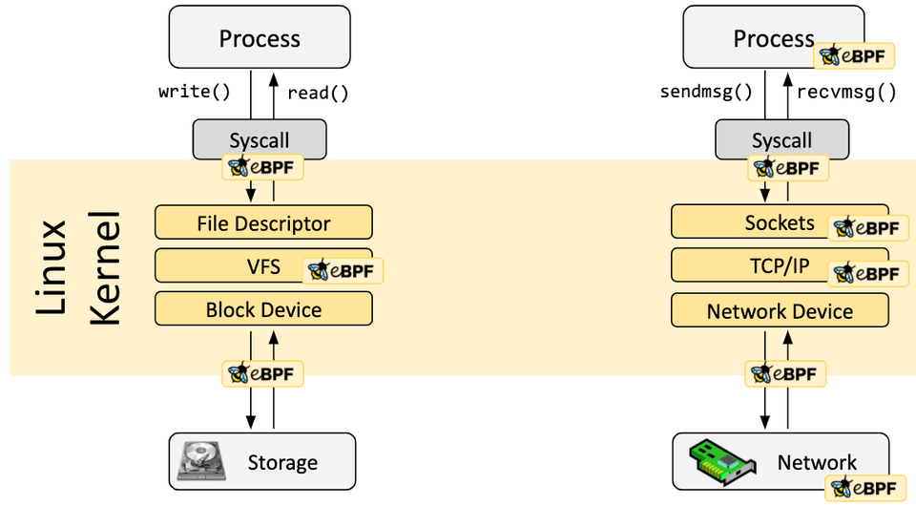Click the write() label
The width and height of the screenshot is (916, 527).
(x=195, y=93)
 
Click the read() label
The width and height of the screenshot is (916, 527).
(x=318, y=93)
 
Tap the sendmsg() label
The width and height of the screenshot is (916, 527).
(x=706, y=93)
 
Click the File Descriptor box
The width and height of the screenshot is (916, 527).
(x=263, y=223)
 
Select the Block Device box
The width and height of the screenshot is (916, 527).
(x=263, y=309)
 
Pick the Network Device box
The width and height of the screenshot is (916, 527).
(x=780, y=311)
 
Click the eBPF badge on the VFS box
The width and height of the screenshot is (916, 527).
(x=343, y=271)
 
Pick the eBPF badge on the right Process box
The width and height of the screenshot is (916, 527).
(x=854, y=55)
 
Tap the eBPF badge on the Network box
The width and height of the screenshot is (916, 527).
(x=864, y=488)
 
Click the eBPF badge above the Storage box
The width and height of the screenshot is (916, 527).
(x=262, y=373)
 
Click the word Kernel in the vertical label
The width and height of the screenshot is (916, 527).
(x=106, y=268)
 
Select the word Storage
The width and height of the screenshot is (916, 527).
(x=282, y=463)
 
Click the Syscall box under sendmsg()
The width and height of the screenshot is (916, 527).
(x=781, y=139)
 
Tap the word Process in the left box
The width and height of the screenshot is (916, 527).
(x=260, y=39)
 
